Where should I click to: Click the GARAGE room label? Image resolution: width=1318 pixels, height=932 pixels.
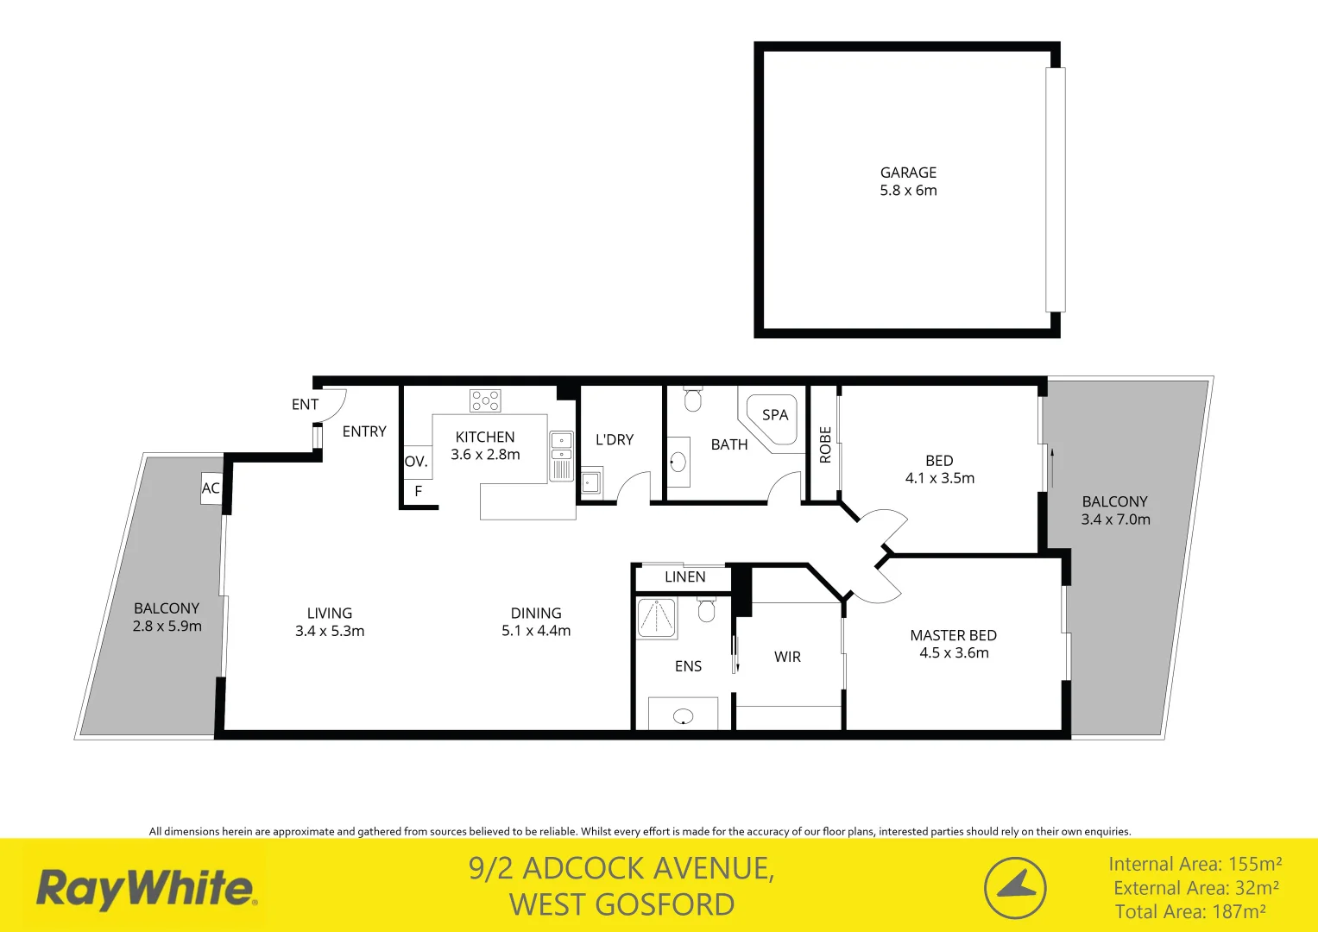908,173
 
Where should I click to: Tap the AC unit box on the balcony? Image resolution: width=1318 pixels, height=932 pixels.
211,488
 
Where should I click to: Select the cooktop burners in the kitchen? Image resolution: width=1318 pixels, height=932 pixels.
485,400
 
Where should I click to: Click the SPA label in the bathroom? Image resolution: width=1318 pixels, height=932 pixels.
775,415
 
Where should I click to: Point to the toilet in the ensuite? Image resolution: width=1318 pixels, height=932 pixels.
706,609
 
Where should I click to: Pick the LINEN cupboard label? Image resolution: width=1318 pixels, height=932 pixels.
684,576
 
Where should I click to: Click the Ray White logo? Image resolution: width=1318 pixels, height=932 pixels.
145,889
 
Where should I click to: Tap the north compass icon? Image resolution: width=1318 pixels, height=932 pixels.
1015,887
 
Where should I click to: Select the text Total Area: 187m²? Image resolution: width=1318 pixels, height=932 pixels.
1190,911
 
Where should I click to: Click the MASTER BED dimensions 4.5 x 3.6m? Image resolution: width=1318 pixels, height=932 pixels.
954,653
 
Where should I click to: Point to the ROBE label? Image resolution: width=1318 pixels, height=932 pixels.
825,444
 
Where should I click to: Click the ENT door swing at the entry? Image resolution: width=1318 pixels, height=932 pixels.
332,405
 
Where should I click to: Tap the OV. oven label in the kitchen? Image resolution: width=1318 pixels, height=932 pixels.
416,462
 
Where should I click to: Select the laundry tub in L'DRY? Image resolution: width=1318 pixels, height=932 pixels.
591,481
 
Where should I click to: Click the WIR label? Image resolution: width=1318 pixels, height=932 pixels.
787,657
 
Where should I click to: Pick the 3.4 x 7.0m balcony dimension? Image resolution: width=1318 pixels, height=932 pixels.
1115,520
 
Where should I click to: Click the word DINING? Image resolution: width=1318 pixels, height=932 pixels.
536,614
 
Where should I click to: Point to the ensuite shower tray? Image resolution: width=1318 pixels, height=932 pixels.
656,618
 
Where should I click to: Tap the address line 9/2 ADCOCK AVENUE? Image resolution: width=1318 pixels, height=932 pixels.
621,868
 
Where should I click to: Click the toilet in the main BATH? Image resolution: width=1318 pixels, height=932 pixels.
692,399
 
